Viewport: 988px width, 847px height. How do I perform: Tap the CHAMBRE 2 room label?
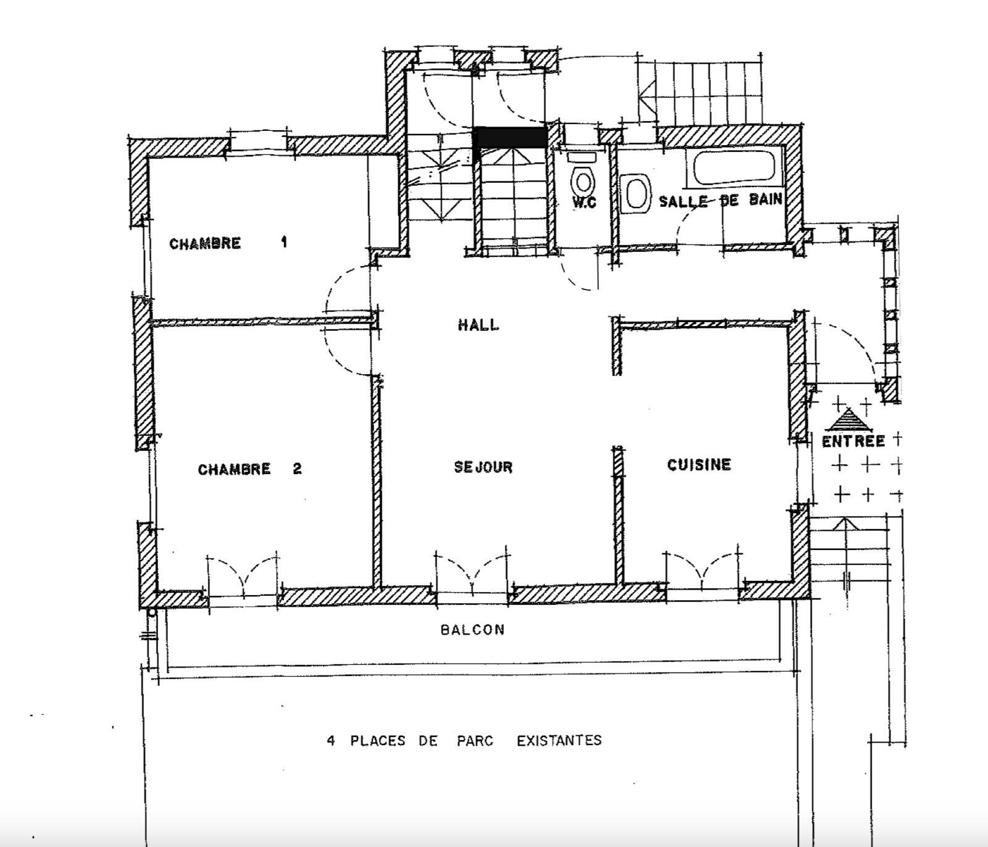coord(250,469)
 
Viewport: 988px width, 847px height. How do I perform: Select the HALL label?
coord(479,325)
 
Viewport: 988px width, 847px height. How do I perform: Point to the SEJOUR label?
coord(484,467)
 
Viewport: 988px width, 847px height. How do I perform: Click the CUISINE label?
coord(699,464)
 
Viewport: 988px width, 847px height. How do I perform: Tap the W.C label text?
coord(584,202)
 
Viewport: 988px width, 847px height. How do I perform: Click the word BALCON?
coord(472,630)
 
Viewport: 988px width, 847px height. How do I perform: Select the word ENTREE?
coord(853,441)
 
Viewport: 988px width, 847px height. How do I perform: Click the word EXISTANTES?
coord(559,740)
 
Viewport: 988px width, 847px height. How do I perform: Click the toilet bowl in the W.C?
coord(584,181)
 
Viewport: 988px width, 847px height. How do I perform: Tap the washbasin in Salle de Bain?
coord(635,193)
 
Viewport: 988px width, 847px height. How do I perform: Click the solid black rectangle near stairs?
coord(510,137)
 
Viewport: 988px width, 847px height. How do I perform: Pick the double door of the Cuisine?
coord(702,571)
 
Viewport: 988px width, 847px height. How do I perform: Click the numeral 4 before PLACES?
coord(331,740)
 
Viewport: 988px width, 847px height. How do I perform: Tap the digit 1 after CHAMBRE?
coord(284,242)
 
